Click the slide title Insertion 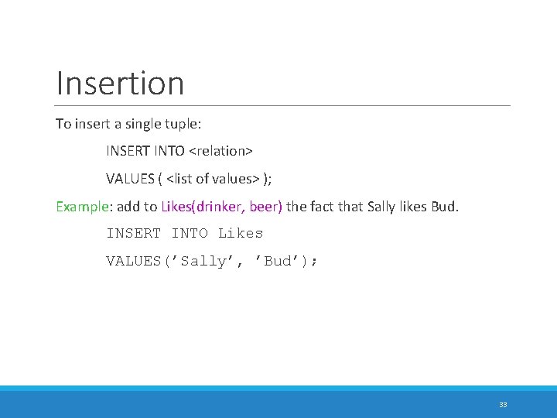coord(120,83)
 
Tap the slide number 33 coord(503,405)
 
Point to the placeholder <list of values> coord(213,179)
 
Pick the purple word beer coord(265,207)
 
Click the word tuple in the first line coord(185,123)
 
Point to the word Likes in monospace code coord(241,233)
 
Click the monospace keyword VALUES coord(133,261)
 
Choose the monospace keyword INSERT coord(133,233)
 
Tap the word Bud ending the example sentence coord(446,207)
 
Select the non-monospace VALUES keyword coord(130,179)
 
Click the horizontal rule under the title coord(283,105)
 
